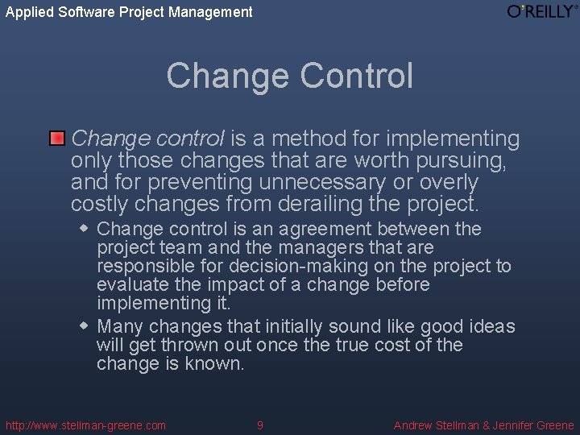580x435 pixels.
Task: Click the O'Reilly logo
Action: click(541, 11)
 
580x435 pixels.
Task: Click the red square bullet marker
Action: click(56, 139)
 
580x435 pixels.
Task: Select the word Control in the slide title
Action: click(355, 76)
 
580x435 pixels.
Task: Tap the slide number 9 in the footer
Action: click(259, 425)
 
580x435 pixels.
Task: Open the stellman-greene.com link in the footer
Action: click(85, 425)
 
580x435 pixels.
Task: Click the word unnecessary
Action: click(348, 182)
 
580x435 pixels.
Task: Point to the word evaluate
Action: click(130, 284)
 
